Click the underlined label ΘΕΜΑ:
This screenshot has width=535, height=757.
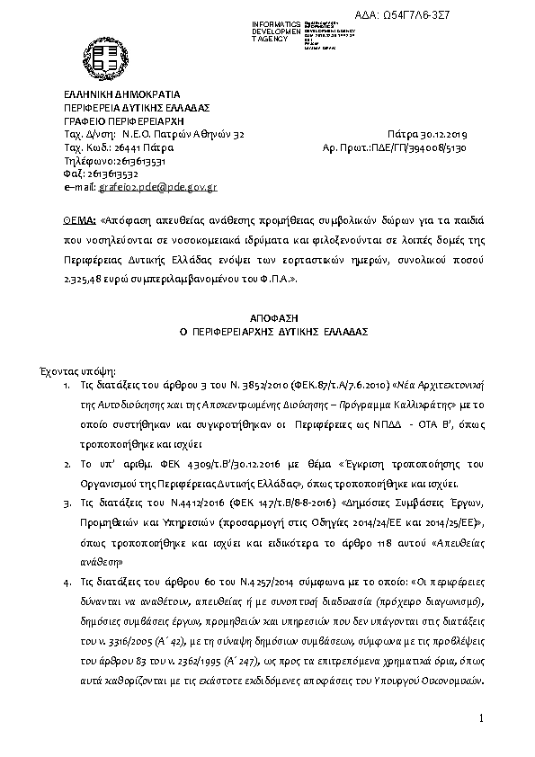(79, 218)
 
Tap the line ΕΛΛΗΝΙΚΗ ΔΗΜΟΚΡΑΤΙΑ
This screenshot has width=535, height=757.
(122, 94)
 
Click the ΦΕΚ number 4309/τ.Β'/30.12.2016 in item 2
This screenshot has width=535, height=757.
(195, 465)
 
